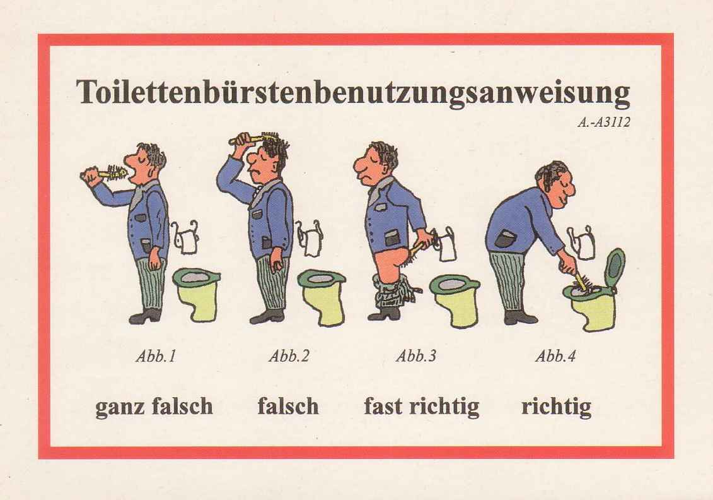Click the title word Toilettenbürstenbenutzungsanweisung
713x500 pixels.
pos(353,93)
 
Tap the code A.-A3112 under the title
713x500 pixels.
pos(603,123)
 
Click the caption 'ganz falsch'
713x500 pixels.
pos(154,407)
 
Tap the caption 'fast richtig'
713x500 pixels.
pos(421,407)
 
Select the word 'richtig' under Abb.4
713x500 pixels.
pos(556,407)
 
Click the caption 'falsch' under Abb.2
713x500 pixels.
pos(288,407)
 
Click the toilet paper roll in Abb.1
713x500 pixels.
pos(187,239)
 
